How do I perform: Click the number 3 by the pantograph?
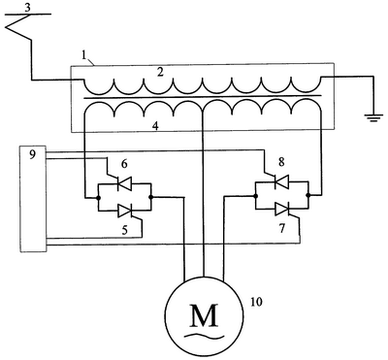(28, 8)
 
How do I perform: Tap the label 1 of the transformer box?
(84, 55)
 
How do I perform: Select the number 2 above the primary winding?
(160, 72)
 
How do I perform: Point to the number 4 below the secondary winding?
(156, 126)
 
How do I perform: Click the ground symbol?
(373, 117)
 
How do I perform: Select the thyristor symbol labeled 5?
(125, 211)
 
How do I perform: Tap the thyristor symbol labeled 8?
(281, 182)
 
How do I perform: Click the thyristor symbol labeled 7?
(282, 210)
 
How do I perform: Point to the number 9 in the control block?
(32, 155)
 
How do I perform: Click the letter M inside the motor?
(205, 315)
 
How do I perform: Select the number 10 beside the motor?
(256, 302)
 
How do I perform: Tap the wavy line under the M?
(205, 336)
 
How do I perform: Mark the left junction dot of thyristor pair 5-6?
(98, 197)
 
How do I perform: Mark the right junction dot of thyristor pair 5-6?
(151, 197)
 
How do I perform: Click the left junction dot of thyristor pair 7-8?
(255, 196)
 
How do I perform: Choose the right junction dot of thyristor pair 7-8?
(308, 195)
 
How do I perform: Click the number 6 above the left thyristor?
(124, 164)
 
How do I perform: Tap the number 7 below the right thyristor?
(282, 229)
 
